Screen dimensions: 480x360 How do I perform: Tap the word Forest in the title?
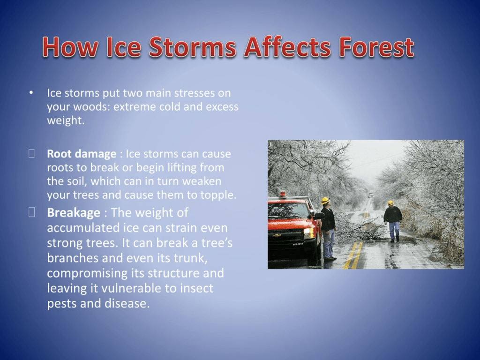point(376,47)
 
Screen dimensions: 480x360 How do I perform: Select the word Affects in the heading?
point(287,47)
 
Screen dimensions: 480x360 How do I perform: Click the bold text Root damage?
point(82,154)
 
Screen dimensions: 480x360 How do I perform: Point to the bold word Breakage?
point(74,213)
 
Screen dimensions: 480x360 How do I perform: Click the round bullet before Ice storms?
point(31,93)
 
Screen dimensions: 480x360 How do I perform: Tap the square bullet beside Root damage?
point(31,153)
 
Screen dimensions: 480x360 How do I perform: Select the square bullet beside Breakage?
point(31,212)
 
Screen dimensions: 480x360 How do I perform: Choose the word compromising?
point(87,273)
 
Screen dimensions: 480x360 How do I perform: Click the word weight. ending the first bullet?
point(66,120)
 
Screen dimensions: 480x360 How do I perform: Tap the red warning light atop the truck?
point(283,194)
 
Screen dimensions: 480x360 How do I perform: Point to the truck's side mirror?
point(319,216)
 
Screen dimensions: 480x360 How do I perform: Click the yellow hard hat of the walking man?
point(390,202)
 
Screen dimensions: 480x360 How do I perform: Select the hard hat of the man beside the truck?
point(325,201)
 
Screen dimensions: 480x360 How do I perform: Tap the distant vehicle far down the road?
point(371,194)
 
